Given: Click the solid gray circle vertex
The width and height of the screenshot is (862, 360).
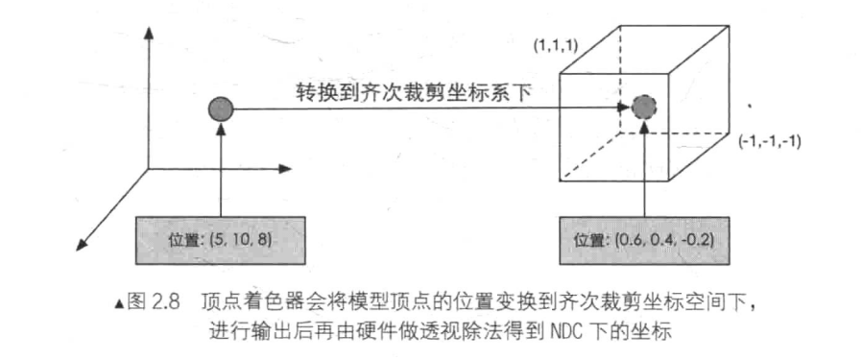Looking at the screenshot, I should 220,108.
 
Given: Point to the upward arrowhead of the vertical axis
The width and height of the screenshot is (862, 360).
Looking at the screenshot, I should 149,33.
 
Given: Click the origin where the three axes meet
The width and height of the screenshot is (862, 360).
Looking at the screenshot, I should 149,174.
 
